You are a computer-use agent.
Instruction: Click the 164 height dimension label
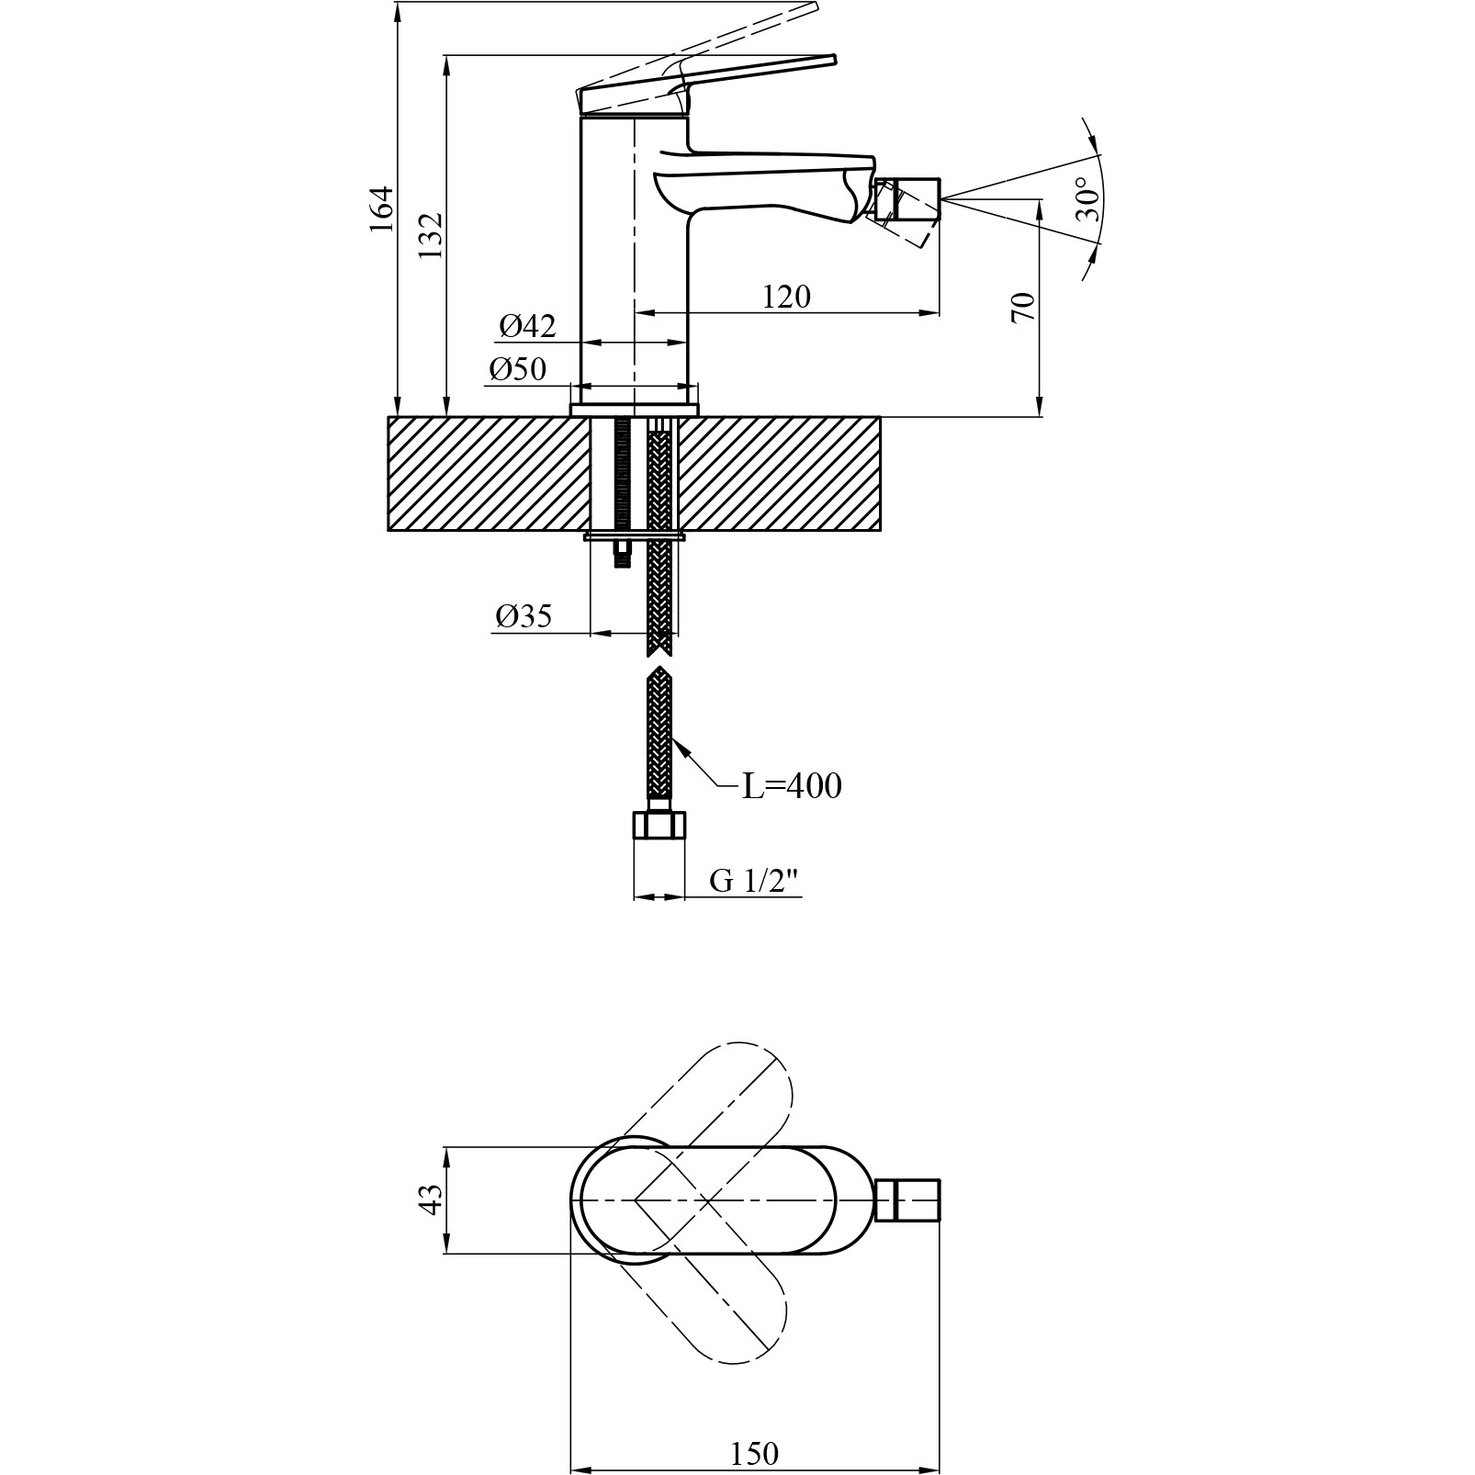click(x=381, y=209)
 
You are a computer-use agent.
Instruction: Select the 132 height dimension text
click(x=432, y=236)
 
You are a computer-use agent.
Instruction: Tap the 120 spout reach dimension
click(x=787, y=297)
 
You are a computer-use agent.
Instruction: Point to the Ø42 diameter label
click(x=527, y=325)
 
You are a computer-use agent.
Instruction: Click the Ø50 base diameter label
click(x=518, y=368)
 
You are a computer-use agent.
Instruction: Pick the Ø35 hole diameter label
click(x=523, y=615)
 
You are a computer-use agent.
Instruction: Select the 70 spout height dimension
click(x=1022, y=307)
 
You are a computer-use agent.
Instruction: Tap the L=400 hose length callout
click(x=792, y=786)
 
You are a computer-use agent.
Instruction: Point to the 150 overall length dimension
click(x=754, y=1453)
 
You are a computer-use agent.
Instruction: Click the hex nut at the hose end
click(x=659, y=824)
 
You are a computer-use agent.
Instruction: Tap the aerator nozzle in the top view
click(x=909, y=1200)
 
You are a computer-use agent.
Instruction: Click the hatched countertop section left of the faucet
click(x=488, y=474)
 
